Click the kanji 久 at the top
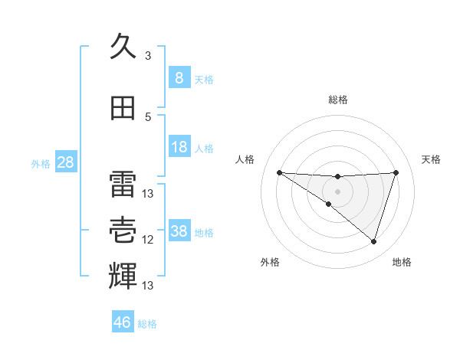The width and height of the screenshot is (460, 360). click(x=123, y=47)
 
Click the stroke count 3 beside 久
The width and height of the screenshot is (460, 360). click(x=148, y=56)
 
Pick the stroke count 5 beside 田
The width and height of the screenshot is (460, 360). click(x=148, y=117)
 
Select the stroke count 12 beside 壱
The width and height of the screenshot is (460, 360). click(x=148, y=240)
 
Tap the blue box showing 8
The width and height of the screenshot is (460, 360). click(x=179, y=78)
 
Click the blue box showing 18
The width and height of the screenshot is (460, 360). click(x=179, y=147)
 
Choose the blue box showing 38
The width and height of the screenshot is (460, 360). click(x=179, y=231)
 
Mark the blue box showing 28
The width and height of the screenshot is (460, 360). click(x=65, y=162)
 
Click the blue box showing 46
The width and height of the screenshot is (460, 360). click(x=123, y=322)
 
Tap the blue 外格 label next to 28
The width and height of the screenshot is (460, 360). click(x=41, y=164)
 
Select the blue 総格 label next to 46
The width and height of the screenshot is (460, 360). click(x=147, y=324)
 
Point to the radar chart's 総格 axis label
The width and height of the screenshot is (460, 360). click(x=337, y=100)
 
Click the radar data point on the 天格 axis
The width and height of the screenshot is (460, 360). click(x=396, y=172)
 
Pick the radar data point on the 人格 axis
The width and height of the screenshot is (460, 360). click(x=279, y=172)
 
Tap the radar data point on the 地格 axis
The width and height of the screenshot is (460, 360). click(x=373, y=241)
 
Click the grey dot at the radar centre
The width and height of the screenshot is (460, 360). click(x=337, y=190)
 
